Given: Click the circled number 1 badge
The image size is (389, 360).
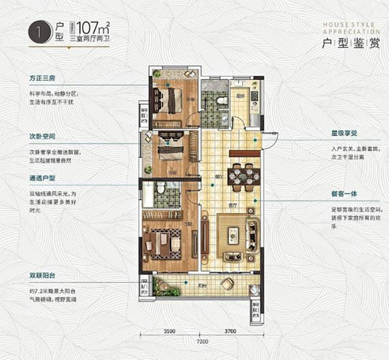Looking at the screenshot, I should [37, 33].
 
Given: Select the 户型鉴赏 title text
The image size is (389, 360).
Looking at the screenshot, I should [351, 45].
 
